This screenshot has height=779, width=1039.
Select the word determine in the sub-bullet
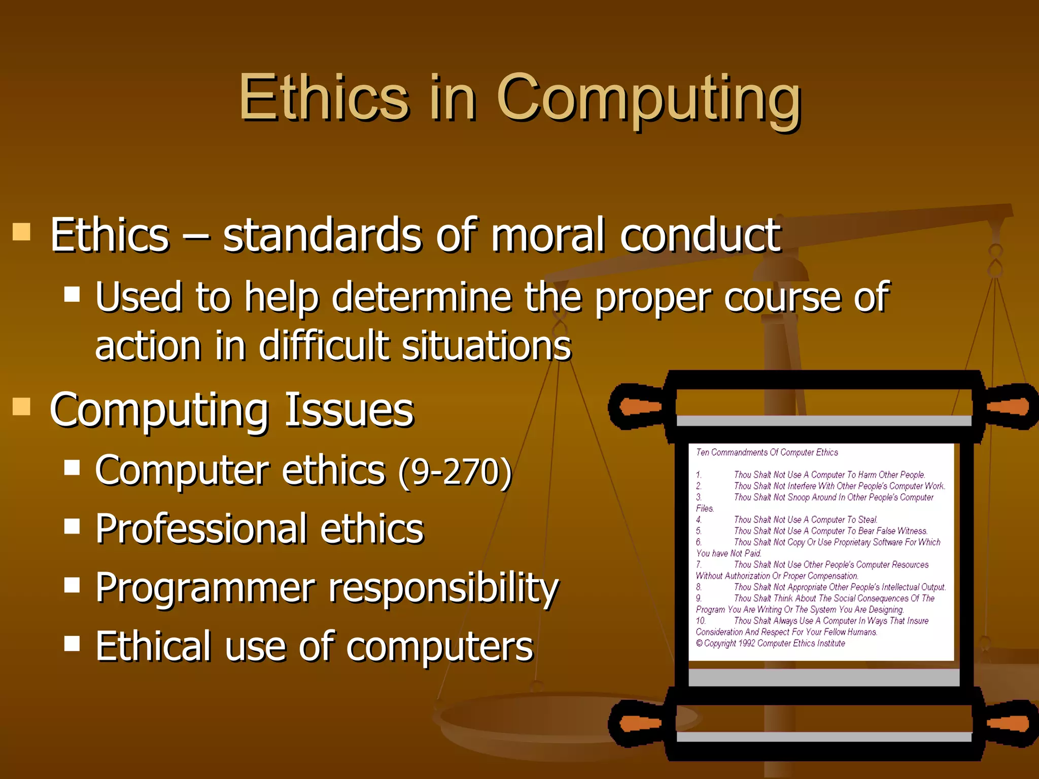(x=421, y=297)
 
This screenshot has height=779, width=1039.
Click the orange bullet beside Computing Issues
(x=21, y=406)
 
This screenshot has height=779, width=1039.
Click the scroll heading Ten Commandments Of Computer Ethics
(x=767, y=452)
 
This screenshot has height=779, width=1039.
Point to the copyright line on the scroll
(x=770, y=643)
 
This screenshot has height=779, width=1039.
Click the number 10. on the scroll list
(x=700, y=621)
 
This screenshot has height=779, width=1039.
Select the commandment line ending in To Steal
(x=805, y=519)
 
